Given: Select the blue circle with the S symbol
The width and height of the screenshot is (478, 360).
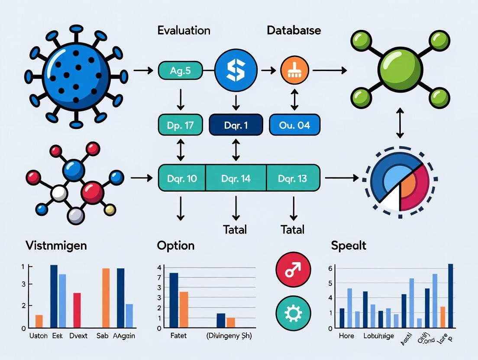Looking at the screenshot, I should [235, 69].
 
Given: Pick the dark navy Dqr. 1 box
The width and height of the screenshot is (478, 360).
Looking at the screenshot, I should [236, 125].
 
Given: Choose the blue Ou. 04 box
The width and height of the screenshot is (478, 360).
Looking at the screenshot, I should [295, 125].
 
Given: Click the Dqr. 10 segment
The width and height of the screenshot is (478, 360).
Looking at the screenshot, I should [182, 178].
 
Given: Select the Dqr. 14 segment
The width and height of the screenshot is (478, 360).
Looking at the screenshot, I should [236, 178].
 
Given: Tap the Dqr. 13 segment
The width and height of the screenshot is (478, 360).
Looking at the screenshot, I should [293, 178].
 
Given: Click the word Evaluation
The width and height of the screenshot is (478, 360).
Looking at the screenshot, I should [184, 31].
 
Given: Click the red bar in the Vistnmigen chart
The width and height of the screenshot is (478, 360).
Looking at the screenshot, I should [77, 310].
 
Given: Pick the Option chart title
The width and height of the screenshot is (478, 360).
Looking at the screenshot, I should [175, 246].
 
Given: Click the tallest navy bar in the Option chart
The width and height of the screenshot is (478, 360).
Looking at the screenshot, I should [174, 300].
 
